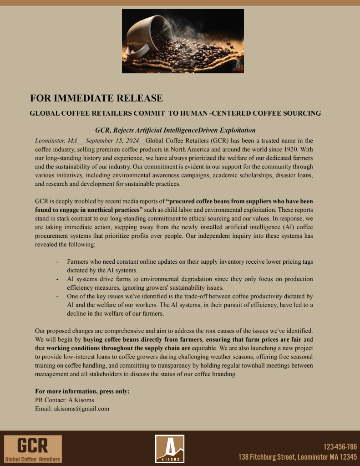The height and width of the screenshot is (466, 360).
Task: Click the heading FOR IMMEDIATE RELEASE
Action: [x=96, y=98]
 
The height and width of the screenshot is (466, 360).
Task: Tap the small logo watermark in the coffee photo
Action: [x=238, y=67]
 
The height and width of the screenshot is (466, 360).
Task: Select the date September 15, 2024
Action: [x=112, y=140]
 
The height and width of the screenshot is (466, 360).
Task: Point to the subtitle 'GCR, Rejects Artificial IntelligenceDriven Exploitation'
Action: [x=175, y=130]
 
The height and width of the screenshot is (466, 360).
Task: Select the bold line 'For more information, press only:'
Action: [x=82, y=392]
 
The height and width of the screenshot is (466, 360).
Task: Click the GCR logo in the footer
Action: [x=33, y=449]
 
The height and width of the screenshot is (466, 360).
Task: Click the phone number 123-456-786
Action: [x=340, y=447]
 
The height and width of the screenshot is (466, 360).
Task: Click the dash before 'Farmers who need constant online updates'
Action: [x=57, y=262]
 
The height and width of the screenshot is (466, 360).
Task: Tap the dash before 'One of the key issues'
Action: [x=57, y=297]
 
